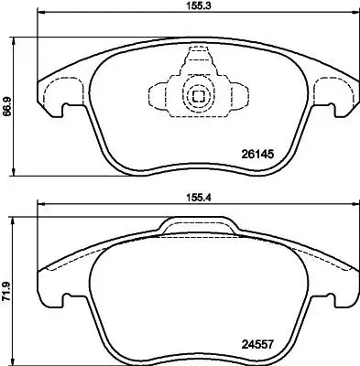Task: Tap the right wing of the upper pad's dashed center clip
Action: (x=235, y=94)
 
